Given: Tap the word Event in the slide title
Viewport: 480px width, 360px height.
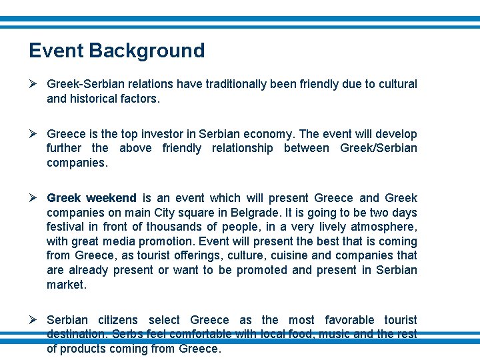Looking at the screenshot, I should (x=56, y=51).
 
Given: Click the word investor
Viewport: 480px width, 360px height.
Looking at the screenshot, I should (x=174, y=134).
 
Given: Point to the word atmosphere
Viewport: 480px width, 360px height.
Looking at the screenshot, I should (x=385, y=227).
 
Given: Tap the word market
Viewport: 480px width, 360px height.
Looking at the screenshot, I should (x=65, y=285).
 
